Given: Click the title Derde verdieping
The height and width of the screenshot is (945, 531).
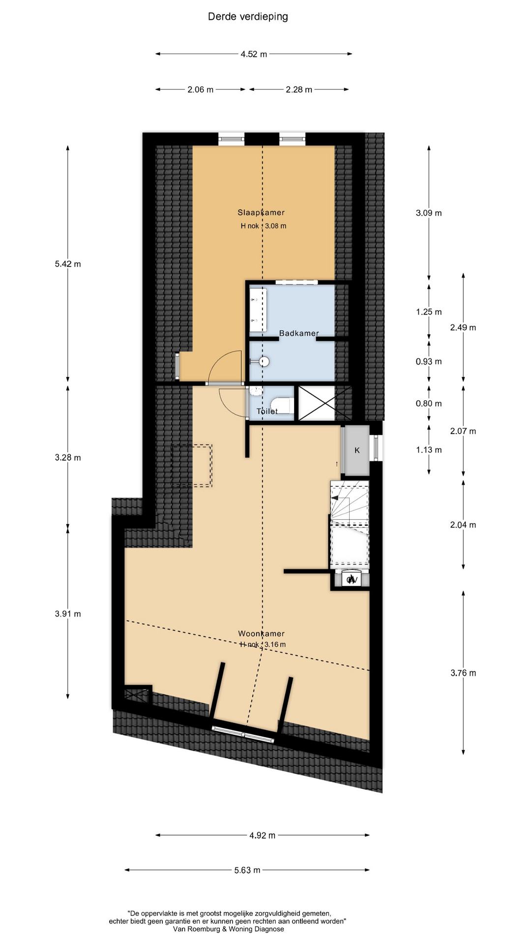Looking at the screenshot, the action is pyautogui.click(x=248, y=17).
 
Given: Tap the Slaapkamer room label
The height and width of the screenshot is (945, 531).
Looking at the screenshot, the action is pyautogui.click(x=261, y=213).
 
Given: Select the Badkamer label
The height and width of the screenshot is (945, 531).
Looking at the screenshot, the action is pyautogui.click(x=299, y=333).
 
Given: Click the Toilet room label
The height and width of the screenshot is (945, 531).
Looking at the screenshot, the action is pyautogui.click(x=267, y=411).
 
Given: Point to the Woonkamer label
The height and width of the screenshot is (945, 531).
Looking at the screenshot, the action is pyautogui.click(x=261, y=633).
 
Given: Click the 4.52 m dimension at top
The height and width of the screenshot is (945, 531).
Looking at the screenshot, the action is pyautogui.click(x=254, y=54).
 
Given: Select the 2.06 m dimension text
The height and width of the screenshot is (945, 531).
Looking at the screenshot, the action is pyautogui.click(x=201, y=90).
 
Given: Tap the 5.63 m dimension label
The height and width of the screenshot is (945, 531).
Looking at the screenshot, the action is pyautogui.click(x=247, y=870).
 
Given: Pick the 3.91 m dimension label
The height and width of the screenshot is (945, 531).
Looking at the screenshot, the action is pyautogui.click(x=68, y=614).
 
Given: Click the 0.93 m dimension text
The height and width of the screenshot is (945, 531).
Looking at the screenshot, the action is pyautogui.click(x=429, y=361).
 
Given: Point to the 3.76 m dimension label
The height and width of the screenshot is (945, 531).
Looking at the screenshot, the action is pyautogui.click(x=463, y=673).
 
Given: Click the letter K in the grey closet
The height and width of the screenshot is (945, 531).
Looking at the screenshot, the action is pyautogui.click(x=357, y=450).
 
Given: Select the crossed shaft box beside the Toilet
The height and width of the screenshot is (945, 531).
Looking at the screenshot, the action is pyautogui.click(x=317, y=403).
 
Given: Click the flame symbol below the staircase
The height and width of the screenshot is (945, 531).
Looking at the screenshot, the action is pyautogui.click(x=351, y=579).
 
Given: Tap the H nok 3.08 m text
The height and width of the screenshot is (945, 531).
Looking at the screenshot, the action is pyautogui.click(x=263, y=226).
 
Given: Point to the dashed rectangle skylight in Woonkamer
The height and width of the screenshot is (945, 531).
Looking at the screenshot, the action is pyautogui.click(x=192, y=466).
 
